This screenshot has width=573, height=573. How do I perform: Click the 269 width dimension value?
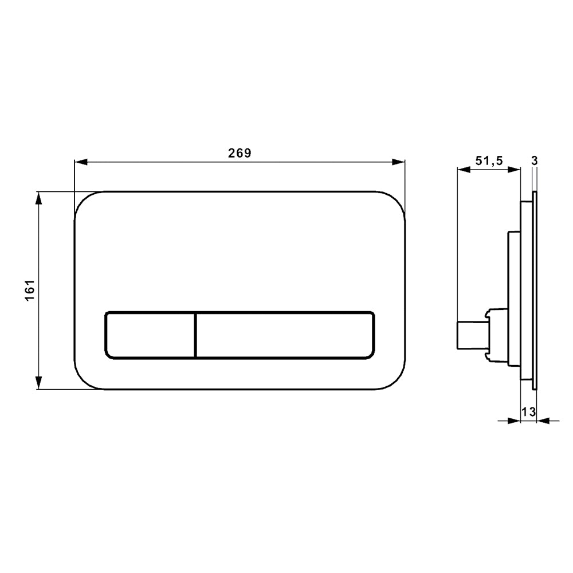pos(240,153)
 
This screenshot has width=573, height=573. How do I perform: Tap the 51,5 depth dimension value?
pos(489,161)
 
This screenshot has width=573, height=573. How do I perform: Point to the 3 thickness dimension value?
pos(534,161)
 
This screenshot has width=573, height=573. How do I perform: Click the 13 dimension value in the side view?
pos(528,411)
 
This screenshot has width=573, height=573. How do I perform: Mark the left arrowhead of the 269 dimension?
pos(81,162)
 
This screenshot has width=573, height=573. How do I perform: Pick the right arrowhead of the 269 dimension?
pos(399,162)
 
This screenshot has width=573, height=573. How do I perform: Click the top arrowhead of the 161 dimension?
pos(39,198)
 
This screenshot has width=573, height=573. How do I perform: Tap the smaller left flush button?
pos(150,335)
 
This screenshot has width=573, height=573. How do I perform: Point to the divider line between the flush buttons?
pos(196,335)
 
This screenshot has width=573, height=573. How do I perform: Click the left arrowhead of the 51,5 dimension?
pos(463,169)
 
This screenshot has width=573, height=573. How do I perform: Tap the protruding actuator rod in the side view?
pos(470,335)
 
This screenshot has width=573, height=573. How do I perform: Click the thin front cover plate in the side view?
pos(535,291)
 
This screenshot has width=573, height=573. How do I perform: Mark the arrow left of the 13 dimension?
pos(514,421)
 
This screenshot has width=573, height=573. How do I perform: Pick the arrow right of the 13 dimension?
pos(543,421)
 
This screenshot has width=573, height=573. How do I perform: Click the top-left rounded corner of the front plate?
pos(84,201)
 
